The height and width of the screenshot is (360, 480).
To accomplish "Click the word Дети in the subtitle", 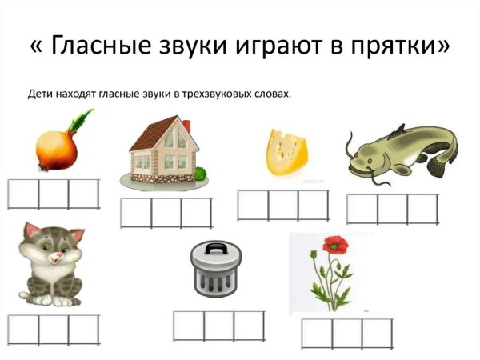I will point(41,94).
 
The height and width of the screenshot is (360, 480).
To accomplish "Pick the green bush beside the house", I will point(200,173).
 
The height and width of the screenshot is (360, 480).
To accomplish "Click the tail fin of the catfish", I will point(439,166).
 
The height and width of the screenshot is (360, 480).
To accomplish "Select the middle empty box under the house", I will point(166,213).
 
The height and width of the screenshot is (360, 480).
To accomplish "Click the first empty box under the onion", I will point(23,194).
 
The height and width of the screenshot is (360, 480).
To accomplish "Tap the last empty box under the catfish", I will point(423,209).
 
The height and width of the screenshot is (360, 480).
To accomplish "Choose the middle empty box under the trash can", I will point(218,326).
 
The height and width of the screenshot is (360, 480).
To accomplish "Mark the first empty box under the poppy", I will point(317,334).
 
